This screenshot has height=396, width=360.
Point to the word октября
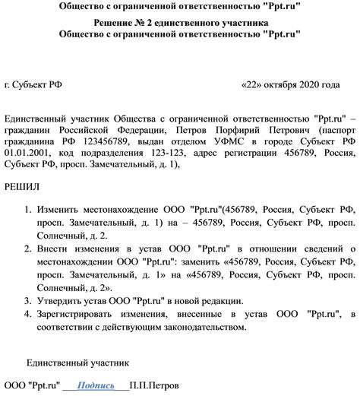[279, 84]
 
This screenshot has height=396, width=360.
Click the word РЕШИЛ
[24, 186]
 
